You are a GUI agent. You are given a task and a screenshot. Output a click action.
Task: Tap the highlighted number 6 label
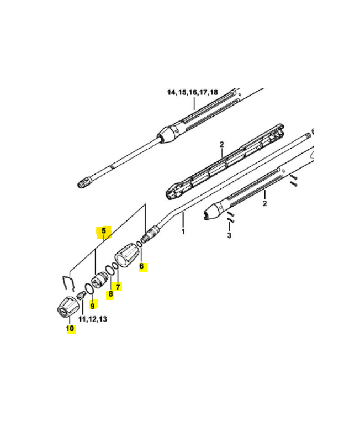tap(141, 266)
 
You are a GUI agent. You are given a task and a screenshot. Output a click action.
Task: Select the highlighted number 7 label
tap(118, 286)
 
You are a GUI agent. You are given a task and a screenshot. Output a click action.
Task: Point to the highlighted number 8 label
tap(110, 294)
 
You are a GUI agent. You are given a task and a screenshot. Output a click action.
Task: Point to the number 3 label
tap(229, 235)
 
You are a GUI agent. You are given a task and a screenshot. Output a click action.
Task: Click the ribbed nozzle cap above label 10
tap(67, 305)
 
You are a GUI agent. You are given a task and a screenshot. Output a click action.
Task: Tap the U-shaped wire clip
tap(67, 280)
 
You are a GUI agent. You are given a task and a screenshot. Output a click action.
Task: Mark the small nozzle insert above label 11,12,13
tap(80, 294)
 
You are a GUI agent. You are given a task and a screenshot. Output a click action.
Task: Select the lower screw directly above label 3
tap(229, 223)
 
